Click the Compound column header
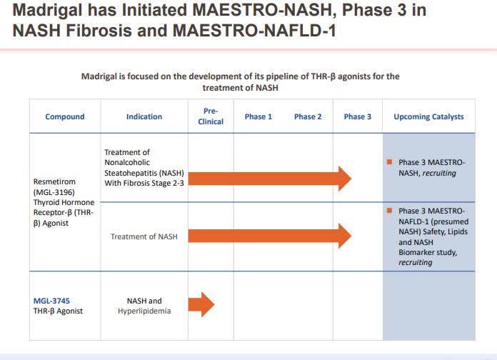click(65, 116)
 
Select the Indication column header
click(144, 116)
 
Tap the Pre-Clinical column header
click(211, 116)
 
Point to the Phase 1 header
click(258, 116)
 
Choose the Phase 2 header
click(308, 116)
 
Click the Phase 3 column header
click(358, 116)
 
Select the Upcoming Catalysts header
click(428, 116)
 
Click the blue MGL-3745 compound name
click(51, 301)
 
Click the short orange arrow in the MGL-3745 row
click(201, 304)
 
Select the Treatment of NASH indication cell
click(144, 236)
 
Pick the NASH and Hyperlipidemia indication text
click(144, 306)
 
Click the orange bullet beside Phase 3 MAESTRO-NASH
click(390, 162)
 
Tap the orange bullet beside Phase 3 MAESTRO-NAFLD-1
click(390, 210)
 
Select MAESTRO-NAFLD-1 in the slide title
click(254, 31)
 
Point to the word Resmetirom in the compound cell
click(54, 181)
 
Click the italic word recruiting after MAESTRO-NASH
click(439, 173)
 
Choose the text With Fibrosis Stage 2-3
click(144, 183)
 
